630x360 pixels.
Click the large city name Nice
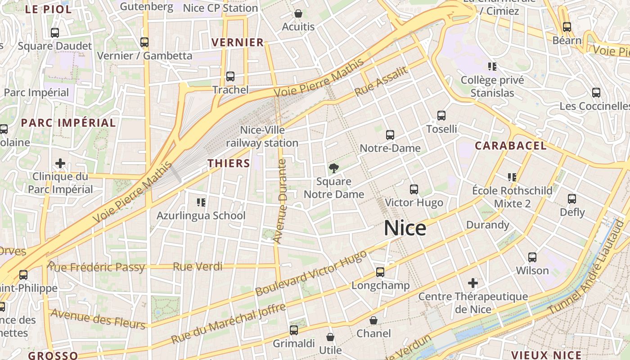(x=405, y=228)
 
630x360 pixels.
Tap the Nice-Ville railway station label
(x=262, y=136)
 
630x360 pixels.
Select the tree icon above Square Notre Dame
(x=333, y=168)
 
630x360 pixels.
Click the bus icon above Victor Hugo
(x=414, y=189)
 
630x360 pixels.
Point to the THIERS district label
(x=229, y=163)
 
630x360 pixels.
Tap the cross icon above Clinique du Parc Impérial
(x=60, y=163)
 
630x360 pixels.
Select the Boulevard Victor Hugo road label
(x=311, y=273)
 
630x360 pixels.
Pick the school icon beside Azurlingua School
(x=201, y=202)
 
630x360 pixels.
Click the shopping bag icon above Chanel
(x=373, y=320)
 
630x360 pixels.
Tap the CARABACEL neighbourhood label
(x=511, y=146)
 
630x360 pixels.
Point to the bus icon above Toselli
(x=441, y=116)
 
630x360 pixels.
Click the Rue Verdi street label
(x=198, y=267)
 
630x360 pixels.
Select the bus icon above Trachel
(x=230, y=76)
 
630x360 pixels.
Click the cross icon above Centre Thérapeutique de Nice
(x=472, y=283)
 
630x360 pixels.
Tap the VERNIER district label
(x=238, y=43)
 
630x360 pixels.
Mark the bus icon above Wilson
(x=532, y=257)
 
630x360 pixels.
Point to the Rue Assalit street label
(x=381, y=81)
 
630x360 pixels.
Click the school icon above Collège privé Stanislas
(x=492, y=67)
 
